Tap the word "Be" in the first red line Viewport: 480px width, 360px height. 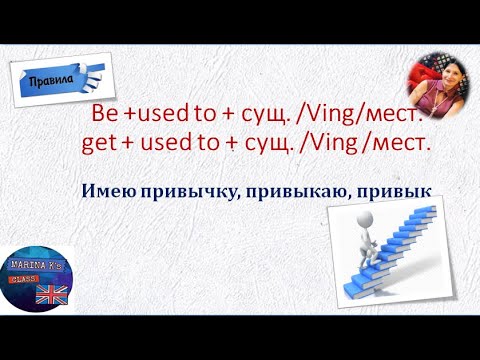pos(105,113)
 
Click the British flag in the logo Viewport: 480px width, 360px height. pos(47,297)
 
